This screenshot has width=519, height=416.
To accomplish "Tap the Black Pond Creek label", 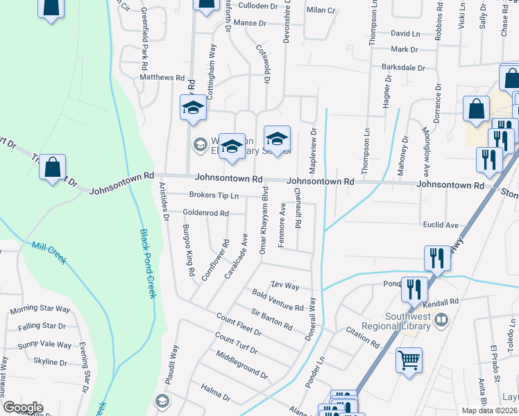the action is (148, 264).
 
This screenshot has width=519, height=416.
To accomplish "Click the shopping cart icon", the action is (409, 360).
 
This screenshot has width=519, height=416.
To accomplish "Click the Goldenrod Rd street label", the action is (205, 213).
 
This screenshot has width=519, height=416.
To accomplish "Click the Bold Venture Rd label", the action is (278, 302).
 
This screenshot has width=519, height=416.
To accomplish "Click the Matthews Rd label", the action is (162, 78).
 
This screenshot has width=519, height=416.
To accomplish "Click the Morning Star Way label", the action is (40, 309).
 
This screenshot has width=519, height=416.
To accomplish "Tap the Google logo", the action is (23, 408).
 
